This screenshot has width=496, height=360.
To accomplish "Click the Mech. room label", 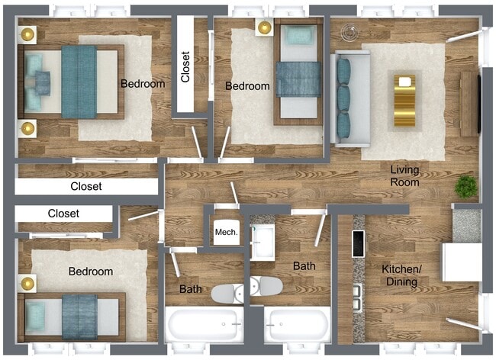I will [226, 232].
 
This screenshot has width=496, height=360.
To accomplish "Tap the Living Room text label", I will [405, 176].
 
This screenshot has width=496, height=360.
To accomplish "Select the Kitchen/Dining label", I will [401, 276].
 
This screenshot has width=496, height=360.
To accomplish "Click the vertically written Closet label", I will [185, 66].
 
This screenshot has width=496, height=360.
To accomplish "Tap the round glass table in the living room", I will [351, 33].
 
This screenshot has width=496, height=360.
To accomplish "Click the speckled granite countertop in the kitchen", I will [466, 226].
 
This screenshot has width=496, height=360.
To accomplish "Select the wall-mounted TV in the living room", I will [479, 101].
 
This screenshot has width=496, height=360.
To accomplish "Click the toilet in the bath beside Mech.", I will [227, 292].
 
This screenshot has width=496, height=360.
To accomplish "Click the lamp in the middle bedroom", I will [264, 28].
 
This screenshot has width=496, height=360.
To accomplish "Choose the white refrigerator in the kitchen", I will [461, 263].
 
